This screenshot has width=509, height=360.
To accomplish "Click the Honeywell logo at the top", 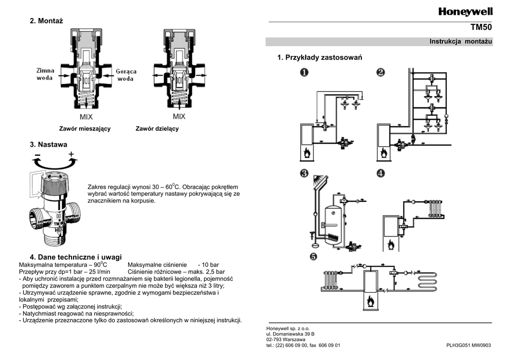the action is coord(465,12).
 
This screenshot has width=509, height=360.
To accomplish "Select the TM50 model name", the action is coord(481,27).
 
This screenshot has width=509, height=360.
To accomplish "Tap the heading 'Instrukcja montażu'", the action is coord(461,41).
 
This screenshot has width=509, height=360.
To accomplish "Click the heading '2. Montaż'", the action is coord(46,21).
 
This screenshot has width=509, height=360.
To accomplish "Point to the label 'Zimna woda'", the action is coord(45,74).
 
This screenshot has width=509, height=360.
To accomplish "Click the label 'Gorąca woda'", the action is coord(126,75).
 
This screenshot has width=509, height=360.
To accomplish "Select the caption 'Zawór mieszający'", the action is coord(85,129).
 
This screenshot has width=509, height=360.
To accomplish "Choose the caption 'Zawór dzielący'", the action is coord(157,129).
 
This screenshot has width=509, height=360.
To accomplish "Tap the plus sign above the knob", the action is coord(71,154).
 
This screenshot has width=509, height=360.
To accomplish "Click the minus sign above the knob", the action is coord(37,155).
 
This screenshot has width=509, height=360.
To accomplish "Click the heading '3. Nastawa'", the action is coord(49,145).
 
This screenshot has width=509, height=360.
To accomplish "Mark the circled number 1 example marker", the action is coord(304,72).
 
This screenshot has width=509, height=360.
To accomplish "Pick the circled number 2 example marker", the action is coord(381,72).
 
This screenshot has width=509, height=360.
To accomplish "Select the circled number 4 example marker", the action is coord(381,173).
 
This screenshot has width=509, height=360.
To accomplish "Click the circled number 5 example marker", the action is coord(313,257).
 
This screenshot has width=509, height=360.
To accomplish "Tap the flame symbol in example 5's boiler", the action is coord(370,301).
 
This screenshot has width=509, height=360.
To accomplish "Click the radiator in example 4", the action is coord(435,208).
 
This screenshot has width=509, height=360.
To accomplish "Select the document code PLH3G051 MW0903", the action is coord(468,346).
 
